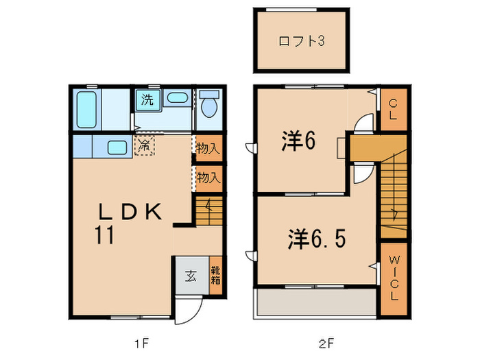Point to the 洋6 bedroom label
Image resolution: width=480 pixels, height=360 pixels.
click(x=298, y=142)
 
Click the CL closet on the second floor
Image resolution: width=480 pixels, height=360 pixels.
click(x=393, y=110)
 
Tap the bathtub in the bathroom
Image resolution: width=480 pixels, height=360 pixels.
click(x=86, y=109)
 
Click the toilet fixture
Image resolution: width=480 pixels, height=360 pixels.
click(x=209, y=106)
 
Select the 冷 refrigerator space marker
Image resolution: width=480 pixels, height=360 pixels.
click(x=145, y=145)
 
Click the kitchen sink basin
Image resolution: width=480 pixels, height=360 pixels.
click(x=117, y=147)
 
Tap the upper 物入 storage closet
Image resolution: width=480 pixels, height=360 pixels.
click(x=208, y=148)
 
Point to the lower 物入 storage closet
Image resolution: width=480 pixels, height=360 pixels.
click(x=208, y=178)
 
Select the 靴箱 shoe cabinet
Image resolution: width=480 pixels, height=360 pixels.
click(x=215, y=276)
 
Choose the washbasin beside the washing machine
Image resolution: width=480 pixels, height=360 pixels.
click(x=177, y=97)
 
